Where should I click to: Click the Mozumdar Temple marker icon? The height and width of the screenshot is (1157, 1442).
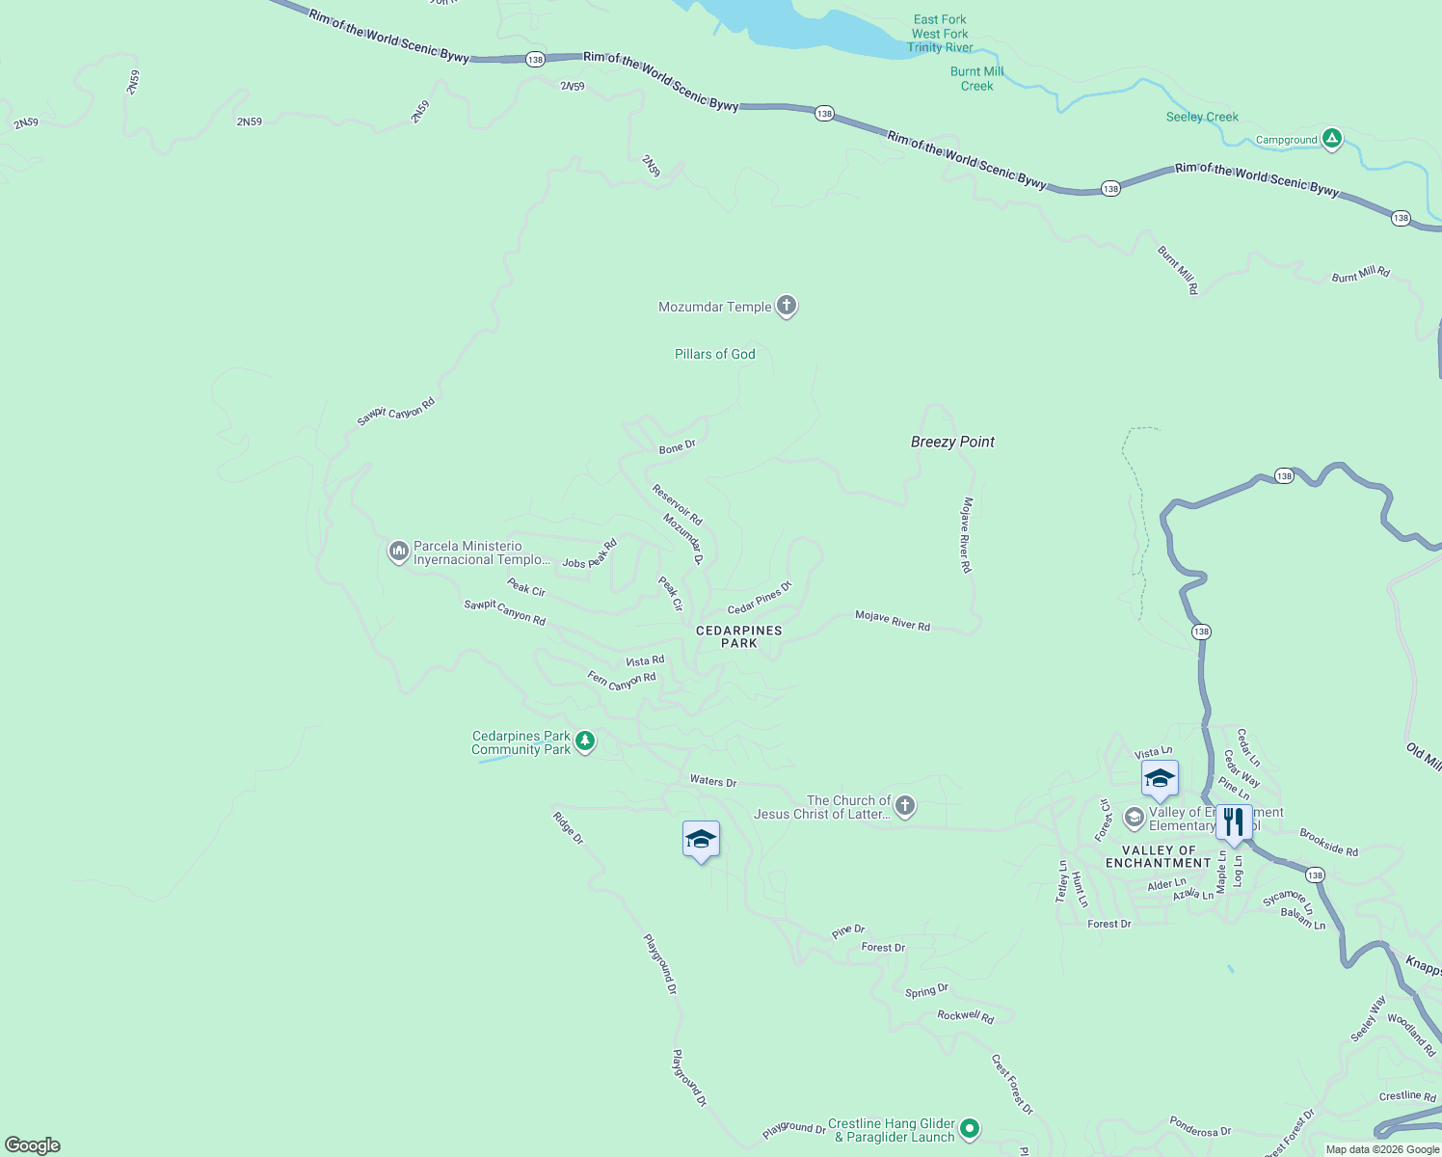[x=787, y=306]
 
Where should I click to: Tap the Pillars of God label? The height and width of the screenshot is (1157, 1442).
[x=714, y=354]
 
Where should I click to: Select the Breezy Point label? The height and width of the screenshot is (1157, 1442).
[x=952, y=442]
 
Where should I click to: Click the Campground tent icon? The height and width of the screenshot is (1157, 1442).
[x=1331, y=139]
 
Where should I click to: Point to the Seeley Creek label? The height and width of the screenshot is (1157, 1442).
[x=1202, y=117]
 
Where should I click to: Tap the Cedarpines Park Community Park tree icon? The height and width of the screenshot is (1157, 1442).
[x=585, y=741]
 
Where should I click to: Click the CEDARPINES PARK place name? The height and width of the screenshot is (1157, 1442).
[x=739, y=636]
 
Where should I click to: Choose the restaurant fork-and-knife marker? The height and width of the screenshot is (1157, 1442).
[x=1234, y=822]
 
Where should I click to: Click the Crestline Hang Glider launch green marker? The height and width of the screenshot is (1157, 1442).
[x=970, y=1128]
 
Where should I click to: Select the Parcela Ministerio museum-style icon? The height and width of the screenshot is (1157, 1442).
[x=398, y=552]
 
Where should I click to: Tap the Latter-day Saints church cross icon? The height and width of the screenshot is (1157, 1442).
[x=904, y=806]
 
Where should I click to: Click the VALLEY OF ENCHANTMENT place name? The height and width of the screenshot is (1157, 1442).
[x=1159, y=856]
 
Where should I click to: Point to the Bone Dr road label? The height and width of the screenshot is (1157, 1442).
[x=677, y=447]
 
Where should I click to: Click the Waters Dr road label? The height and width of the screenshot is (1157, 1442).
[x=713, y=781]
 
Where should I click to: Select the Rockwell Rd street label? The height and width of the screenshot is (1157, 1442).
[x=965, y=1015]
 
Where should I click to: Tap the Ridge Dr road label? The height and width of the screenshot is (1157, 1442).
[x=568, y=827]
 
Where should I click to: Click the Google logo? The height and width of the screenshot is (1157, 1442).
[x=33, y=1145]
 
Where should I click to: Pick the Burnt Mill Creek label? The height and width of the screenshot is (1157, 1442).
[x=976, y=78]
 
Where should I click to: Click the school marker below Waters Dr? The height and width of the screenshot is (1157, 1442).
[x=701, y=840]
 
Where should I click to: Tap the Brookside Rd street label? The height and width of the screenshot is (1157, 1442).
[x=1328, y=842]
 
